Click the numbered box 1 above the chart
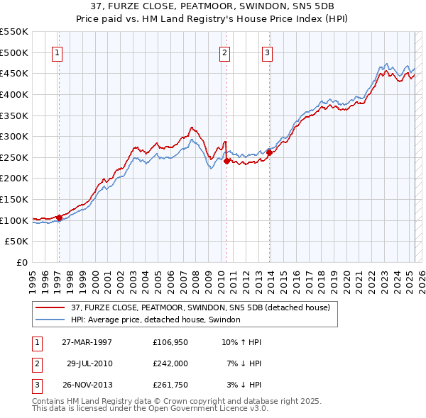click(56, 52)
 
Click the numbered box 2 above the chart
click(224, 52)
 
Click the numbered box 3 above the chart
click(267, 52)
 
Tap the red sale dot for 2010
click(226, 161)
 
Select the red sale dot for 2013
click(270, 152)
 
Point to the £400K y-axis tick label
click(15, 94)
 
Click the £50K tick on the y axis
click(18, 242)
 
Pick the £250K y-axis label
click(15, 157)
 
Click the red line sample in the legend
click(50, 307)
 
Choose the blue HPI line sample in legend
click(50, 320)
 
